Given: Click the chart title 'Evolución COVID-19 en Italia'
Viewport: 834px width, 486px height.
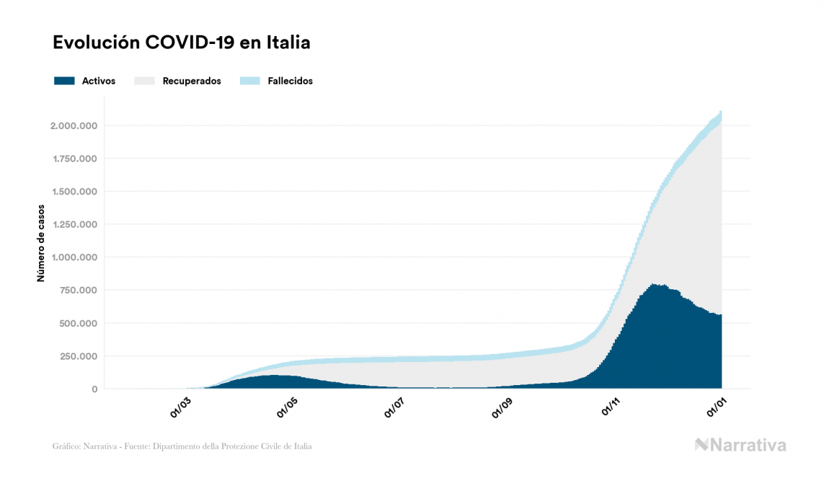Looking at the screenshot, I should [x=182, y=43].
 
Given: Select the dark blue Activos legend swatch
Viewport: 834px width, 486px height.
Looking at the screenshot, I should [x=64, y=81].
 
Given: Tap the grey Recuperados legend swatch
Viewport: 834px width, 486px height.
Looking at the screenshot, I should [x=145, y=81].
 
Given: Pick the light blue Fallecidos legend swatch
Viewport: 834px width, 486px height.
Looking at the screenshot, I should [x=252, y=81].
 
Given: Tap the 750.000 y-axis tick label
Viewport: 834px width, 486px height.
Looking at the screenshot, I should [x=78, y=291].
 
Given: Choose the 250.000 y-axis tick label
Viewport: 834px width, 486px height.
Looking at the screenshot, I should [x=78, y=356].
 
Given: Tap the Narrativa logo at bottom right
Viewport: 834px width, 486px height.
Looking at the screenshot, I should [x=740, y=445].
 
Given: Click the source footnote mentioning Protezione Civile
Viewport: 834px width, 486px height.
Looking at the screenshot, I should [x=182, y=446].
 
